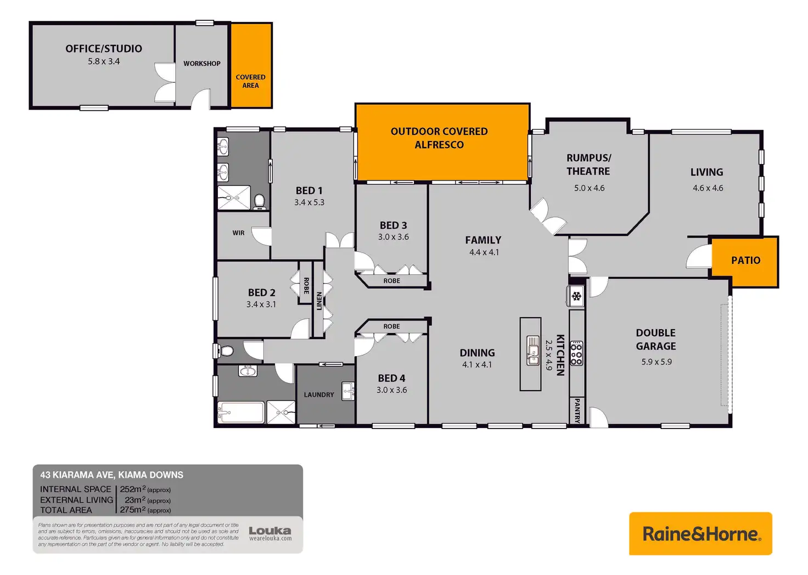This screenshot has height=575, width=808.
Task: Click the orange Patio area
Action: click(745, 261)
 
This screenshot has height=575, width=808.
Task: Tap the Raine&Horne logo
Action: click(700, 534)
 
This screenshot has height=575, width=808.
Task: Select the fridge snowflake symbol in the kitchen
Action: click(576, 297)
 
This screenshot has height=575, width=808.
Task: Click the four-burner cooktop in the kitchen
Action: click(576, 354)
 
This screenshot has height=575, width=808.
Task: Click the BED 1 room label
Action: click(309, 190)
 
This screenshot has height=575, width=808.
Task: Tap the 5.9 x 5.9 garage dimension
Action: click(656, 362)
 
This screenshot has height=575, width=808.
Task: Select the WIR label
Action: click(238, 233)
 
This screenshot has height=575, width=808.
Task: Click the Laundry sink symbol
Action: click(348, 391)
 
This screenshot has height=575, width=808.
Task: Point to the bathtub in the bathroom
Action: click(241, 412)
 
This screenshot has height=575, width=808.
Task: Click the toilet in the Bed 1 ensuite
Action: click(260, 201)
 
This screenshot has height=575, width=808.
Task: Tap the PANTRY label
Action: click(577, 410)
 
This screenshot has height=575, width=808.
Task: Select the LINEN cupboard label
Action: click(319, 301)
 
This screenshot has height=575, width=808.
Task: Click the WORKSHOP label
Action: click(202, 64)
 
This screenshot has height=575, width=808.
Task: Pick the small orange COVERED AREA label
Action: click(250, 81)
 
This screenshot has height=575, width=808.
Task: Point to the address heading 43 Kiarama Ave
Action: click(111, 475)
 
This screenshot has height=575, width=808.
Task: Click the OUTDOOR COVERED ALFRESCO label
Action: click(439, 138)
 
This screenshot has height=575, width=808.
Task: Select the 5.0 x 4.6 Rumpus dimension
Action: click(589, 188)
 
